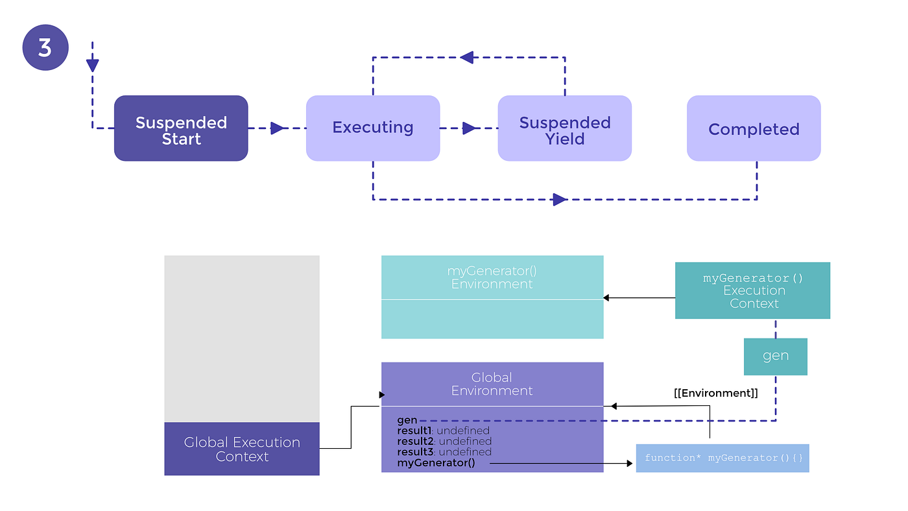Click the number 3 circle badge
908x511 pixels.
(x=45, y=47)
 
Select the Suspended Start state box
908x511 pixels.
(x=181, y=128)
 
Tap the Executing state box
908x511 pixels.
(x=373, y=128)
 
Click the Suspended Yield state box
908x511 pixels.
(x=564, y=128)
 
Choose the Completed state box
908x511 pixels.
(x=754, y=128)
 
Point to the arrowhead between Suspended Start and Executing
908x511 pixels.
(x=278, y=128)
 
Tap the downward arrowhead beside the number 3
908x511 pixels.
(x=93, y=65)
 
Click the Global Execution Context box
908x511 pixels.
(x=241, y=449)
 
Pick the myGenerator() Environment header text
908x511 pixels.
(x=492, y=278)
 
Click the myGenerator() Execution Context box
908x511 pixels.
(x=752, y=291)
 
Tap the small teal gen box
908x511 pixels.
(x=775, y=356)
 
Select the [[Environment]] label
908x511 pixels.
(x=715, y=393)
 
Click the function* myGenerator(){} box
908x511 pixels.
(x=723, y=458)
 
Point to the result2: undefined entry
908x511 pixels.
(x=444, y=441)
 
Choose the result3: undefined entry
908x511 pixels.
(x=444, y=451)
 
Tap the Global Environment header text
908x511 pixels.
(x=492, y=384)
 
